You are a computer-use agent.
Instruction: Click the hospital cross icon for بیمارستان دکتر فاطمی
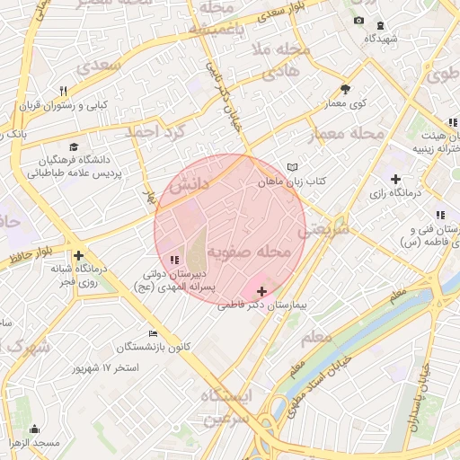tap(261, 292)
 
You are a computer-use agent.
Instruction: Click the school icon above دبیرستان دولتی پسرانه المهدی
tap(173, 260)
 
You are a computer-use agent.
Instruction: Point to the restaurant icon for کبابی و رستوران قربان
tap(63, 91)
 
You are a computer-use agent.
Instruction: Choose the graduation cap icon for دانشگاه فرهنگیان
tap(73, 146)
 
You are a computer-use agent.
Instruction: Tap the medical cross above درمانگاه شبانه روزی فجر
tap(80, 256)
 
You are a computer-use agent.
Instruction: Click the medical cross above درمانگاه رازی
tap(395, 180)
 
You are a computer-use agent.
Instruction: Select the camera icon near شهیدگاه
tap(358, 21)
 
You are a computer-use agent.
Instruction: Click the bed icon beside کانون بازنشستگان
tap(152, 333)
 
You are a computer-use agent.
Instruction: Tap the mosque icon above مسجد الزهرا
tap(34, 429)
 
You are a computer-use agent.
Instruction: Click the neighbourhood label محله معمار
tap(346, 135)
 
